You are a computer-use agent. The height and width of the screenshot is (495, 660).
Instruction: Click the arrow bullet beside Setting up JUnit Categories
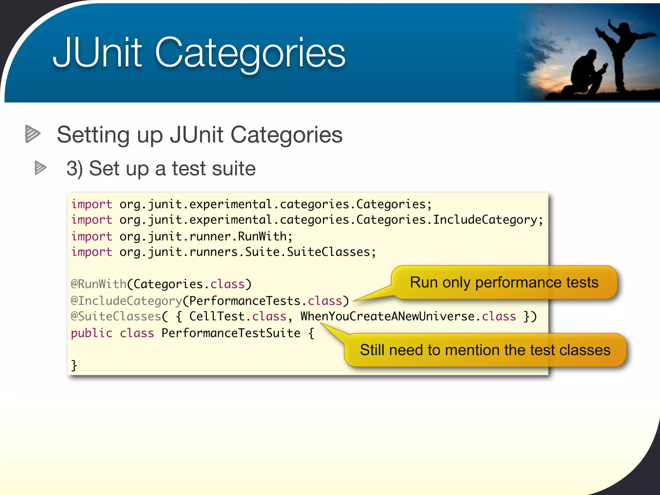point(33,134)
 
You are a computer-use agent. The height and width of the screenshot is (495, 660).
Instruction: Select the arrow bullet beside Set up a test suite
point(41,168)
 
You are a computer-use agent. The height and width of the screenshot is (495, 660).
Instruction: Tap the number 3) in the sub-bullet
point(74,169)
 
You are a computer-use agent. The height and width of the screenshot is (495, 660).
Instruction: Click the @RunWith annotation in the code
point(99,284)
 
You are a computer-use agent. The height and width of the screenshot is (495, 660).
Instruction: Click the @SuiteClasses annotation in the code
point(116,316)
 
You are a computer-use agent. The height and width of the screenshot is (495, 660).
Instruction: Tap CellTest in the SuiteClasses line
point(217,316)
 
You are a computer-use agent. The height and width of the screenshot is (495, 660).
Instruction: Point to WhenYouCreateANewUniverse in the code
point(387,316)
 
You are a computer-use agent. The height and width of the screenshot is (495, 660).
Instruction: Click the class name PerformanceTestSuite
point(231,333)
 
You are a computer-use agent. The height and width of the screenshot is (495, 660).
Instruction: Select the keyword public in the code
point(92,333)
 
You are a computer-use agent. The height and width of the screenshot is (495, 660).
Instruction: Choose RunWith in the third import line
point(262,237)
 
